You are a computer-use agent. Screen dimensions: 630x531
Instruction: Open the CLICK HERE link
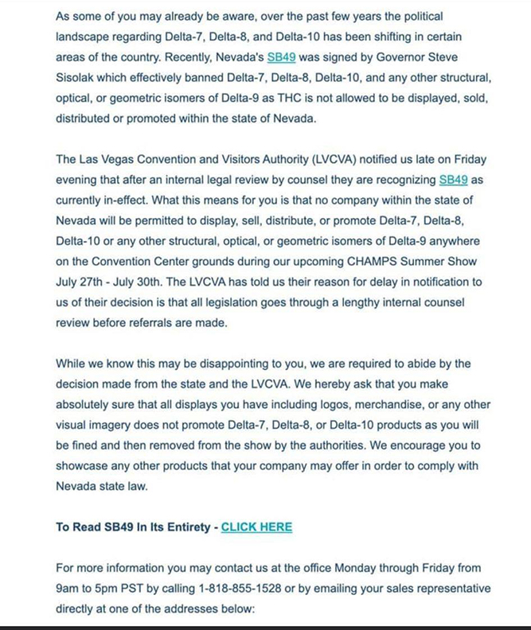[x=256, y=527]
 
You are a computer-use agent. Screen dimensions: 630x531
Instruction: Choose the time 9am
[x=70, y=588]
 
